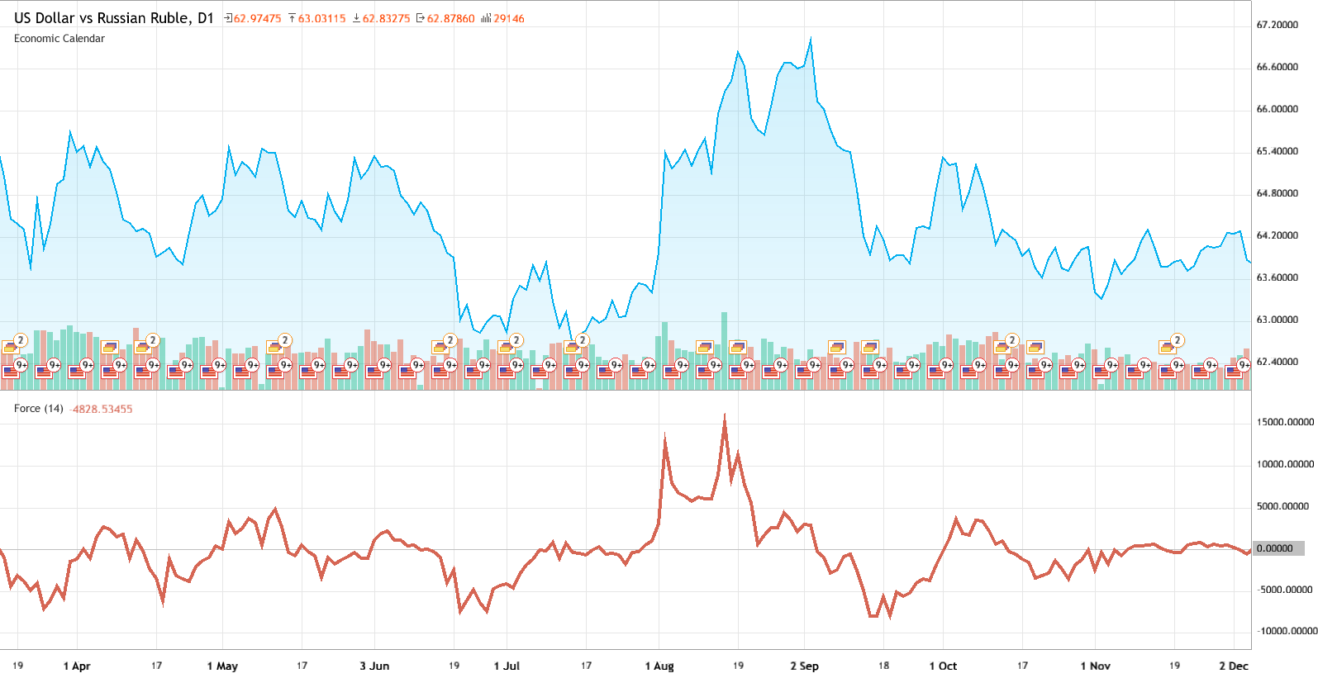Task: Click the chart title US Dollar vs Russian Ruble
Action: click(113, 18)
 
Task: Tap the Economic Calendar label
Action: click(59, 39)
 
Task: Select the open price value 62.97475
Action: click(257, 19)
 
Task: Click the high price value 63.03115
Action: click(321, 19)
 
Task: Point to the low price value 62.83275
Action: click(386, 19)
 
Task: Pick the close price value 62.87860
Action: click(450, 19)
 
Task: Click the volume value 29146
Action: click(508, 19)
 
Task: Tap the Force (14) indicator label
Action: click(39, 409)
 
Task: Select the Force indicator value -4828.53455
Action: click(102, 410)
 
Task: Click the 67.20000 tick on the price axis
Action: click(1277, 26)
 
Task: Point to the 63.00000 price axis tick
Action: click(1277, 320)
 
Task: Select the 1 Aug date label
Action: click(659, 666)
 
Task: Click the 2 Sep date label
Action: click(804, 666)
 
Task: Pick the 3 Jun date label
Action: click(374, 666)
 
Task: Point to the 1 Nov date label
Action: click(1095, 666)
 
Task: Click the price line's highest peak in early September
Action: click(811, 39)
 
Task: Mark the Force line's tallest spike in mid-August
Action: click(725, 415)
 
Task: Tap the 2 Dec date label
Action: click(1234, 666)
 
